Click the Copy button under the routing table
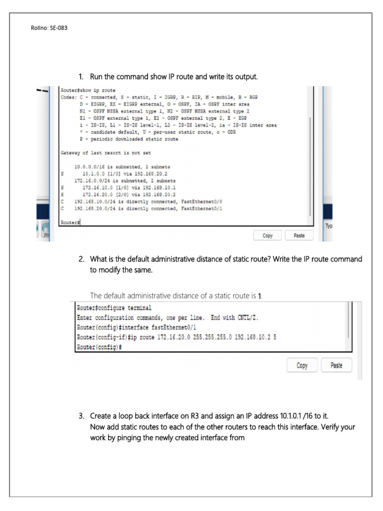[268, 235]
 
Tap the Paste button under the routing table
[299, 235]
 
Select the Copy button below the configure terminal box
[302, 365]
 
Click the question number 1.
[81, 77]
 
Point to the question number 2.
[81, 259]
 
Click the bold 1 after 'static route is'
[260, 296]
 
